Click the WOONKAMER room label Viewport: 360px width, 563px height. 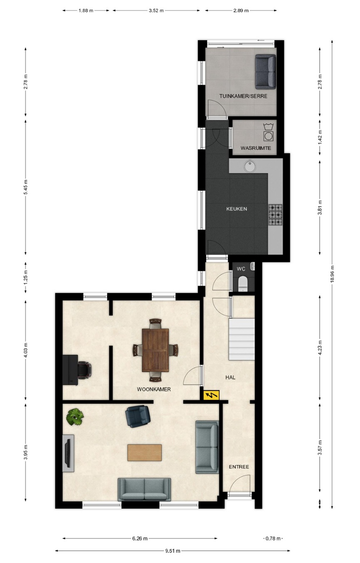coord(153,389)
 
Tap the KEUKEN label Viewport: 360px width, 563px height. coord(237,209)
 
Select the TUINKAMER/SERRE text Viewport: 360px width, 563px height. coord(243,96)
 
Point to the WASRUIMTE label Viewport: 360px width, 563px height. coord(256,148)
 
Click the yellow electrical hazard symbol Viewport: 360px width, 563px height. coord(211,395)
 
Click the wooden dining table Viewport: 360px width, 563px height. coord(155,350)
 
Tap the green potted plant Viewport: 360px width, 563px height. coord(75,417)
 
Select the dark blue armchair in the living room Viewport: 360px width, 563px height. coord(138,416)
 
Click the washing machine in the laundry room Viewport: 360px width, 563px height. coord(268,136)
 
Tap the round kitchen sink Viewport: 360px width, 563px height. coord(250,166)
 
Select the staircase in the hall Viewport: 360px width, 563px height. coord(242,339)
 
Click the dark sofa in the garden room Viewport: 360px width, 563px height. coord(266,72)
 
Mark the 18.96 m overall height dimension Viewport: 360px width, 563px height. coord(332,274)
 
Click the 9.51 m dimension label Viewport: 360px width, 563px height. coord(173,551)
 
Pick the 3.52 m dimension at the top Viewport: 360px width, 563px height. coord(156,10)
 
